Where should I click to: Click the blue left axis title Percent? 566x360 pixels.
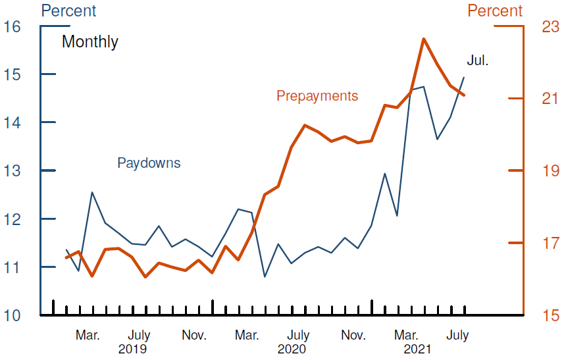[68, 11]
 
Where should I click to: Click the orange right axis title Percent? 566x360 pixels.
[495, 11]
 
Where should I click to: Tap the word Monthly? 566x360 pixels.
[90, 42]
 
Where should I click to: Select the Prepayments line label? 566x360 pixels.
[317, 96]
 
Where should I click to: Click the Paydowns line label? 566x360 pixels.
[149, 163]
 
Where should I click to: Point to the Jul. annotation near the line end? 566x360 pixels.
[478, 61]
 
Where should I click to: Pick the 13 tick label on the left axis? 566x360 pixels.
[13, 171]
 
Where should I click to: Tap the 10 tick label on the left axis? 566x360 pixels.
[13, 315]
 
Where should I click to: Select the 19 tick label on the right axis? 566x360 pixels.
[550, 171]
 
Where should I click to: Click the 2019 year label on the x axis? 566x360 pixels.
[132, 349]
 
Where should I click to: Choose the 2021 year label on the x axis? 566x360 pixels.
[418, 349]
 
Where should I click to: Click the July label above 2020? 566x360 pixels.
[298, 336]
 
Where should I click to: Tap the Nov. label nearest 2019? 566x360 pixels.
[194, 336]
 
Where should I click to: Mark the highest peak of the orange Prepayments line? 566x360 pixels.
[424, 39]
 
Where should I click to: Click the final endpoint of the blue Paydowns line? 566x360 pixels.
[464, 78]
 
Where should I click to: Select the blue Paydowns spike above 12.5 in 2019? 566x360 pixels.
[92, 192]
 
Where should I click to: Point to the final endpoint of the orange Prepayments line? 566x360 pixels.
[464, 95]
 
